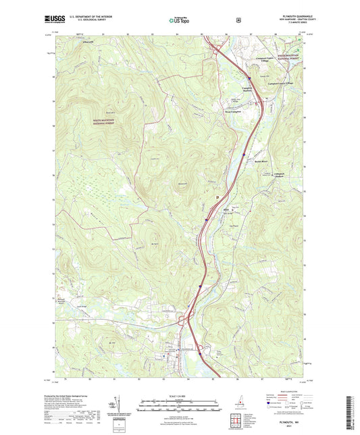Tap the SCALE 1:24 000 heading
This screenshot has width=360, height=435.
coord(179,394)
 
